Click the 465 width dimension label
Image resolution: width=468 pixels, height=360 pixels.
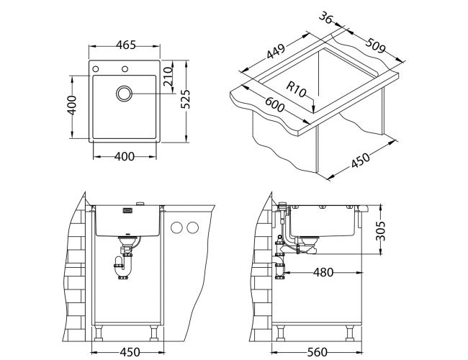(x=126, y=45)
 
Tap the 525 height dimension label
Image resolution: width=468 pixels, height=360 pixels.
(x=185, y=99)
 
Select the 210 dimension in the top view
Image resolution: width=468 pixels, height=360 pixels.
(x=168, y=76)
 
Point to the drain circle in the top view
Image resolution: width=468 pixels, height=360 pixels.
(x=124, y=94)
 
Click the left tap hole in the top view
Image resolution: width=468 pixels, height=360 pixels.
(x=96, y=69)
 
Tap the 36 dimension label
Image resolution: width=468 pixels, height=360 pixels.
(x=325, y=18)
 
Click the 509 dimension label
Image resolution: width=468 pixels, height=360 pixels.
(x=376, y=45)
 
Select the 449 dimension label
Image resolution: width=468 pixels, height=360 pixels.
(x=276, y=51)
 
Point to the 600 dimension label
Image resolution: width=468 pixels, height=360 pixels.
(x=274, y=105)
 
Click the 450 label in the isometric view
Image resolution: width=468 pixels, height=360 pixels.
(x=360, y=160)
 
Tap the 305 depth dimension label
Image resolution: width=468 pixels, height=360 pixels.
(x=381, y=230)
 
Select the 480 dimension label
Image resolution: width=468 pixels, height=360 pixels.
(x=323, y=272)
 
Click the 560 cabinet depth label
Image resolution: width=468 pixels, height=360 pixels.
(x=317, y=352)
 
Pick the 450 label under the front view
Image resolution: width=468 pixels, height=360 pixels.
(x=130, y=352)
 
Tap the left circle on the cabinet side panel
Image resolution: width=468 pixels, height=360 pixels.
(x=176, y=228)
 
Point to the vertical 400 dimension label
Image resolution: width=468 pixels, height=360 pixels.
(x=72, y=105)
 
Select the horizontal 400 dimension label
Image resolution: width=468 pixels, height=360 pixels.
(x=125, y=156)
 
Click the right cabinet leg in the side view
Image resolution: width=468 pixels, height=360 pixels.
(x=350, y=333)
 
